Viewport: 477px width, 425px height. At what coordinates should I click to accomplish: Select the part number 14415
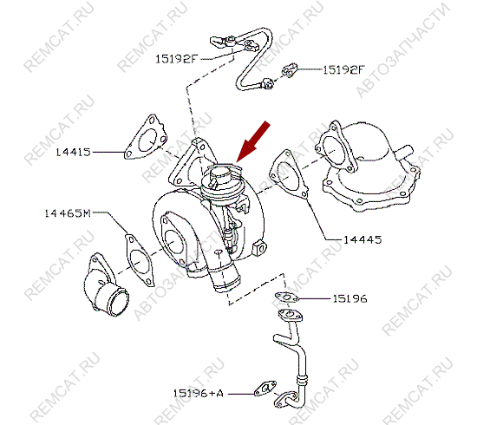pyautogui.click(x=74, y=152)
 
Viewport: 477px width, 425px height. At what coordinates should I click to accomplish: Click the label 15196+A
pyautogui.click(x=198, y=392)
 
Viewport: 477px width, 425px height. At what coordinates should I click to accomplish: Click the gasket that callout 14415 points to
pyautogui.click(x=142, y=140)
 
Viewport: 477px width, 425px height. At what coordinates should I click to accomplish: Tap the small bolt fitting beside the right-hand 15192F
pyautogui.click(x=291, y=69)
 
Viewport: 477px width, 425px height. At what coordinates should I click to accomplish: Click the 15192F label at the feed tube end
pyautogui.click(x=177, y=60)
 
